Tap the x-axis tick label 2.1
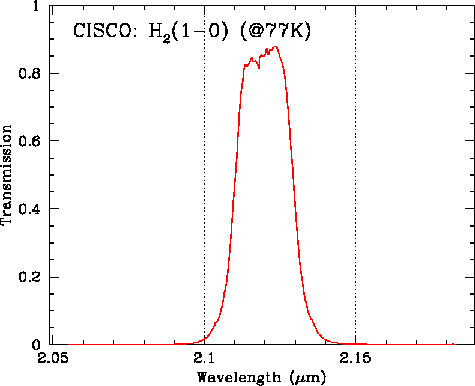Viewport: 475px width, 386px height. [204, 360]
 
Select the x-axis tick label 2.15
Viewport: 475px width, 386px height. [355, 360]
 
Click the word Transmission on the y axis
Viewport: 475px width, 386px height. [7, 174]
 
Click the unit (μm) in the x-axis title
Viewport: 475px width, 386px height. [307, 378]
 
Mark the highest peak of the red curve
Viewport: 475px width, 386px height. [275, 47]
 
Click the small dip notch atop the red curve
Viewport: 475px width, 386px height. [259, 68]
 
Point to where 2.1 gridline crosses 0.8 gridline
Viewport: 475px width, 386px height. [204, 73]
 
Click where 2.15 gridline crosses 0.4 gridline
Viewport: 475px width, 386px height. [355, 209]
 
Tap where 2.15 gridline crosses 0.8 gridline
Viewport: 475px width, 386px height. [355, 73]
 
